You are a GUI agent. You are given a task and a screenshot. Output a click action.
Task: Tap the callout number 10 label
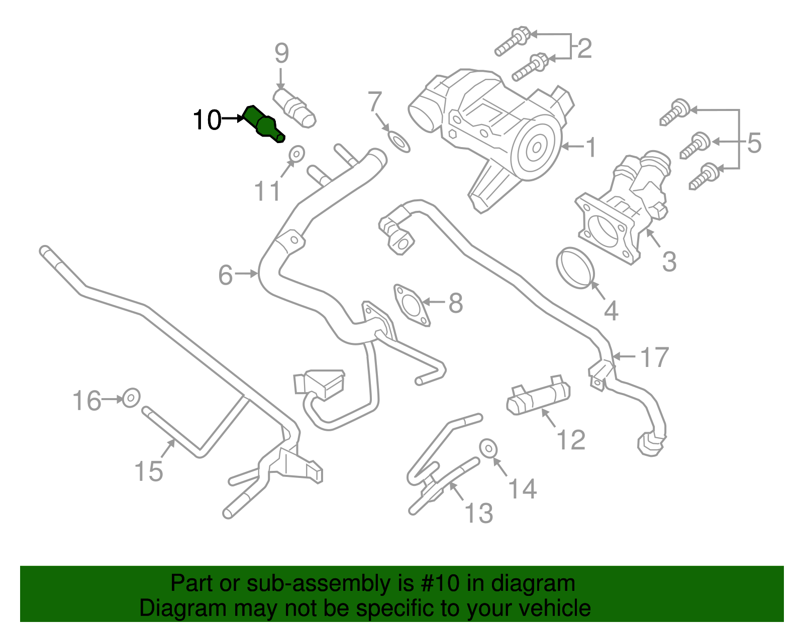tap(207, 119)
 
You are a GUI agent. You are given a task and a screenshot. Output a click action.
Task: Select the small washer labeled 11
tap(297, 154)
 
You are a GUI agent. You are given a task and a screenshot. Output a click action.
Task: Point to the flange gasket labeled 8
tap(412, 305)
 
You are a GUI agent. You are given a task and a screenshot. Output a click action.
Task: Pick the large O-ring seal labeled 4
tap(575, 268)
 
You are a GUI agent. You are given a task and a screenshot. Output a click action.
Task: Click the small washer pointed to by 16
tap(131, 398)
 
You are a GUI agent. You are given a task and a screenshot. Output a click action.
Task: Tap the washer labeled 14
tap(488, 448)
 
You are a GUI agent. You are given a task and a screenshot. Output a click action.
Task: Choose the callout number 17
tap(654, 357)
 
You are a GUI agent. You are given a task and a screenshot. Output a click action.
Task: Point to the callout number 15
tap(148, 471)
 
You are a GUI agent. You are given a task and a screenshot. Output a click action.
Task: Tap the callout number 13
tap(478, 513)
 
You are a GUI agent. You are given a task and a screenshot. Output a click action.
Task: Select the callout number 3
tap(669, 262)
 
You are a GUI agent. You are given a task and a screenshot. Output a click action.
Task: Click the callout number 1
tap(591, 147)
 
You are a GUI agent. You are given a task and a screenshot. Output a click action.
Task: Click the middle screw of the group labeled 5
tap(695, 146)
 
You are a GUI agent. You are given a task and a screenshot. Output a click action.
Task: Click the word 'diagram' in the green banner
tap(533, 584)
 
